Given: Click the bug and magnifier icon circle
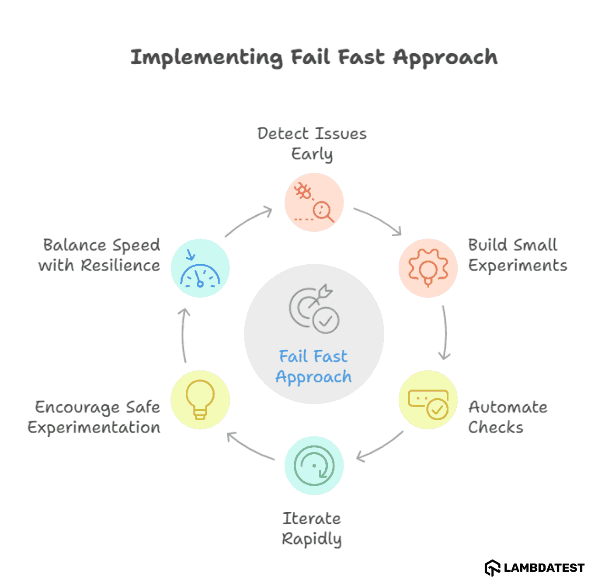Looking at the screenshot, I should point(314,202).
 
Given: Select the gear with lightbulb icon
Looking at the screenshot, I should point(428,268).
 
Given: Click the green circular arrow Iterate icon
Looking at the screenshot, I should point(314,466).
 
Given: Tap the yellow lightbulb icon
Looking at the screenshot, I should point(200,400).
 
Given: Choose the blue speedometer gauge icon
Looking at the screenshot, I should point(200,268).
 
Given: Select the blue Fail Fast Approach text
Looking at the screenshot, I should point(314,366).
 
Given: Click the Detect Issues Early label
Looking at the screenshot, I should point(312,144).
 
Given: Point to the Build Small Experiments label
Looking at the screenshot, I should point(517,255).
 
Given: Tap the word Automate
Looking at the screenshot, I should point(508,407).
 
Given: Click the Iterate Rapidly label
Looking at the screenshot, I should point(312,528).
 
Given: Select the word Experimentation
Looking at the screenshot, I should point(94,428).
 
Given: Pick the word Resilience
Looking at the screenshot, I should point(120,266).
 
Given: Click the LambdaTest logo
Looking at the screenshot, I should point(535,568).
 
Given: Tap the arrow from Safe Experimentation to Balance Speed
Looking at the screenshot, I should point(184,335).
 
